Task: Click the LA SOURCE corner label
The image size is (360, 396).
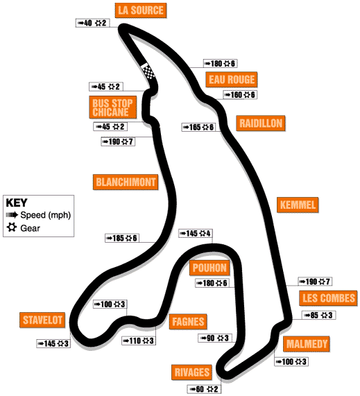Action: tap(141, 10)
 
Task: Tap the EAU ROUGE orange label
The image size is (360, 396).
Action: tap(232, 80)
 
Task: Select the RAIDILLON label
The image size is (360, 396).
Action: tap(261, 123)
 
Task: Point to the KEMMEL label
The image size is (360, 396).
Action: tap(298, 205)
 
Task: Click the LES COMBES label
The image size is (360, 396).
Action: tap(328, 298)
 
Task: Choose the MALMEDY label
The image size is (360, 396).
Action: tap(307, 344)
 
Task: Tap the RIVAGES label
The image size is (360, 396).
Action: tap(191, 372)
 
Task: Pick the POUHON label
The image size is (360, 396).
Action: tap(209, 268)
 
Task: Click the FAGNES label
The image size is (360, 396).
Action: tap(188, 322)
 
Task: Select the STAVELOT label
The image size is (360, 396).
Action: tap(42, 320)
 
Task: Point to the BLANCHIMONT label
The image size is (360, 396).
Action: tap(126, 182)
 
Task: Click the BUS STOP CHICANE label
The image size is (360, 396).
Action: tap(112, 107)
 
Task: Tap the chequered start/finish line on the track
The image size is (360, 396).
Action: tap(148, 71)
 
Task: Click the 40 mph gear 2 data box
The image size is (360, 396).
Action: tap(92, 23)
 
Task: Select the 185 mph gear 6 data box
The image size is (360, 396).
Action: tap(122, 238)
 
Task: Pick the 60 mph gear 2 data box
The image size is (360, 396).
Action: tap(204, 389)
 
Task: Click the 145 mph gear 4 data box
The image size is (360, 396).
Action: tap(196, 233)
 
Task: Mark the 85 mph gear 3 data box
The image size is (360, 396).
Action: tap(319, 315)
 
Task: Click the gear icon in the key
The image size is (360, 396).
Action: tap(12, 227)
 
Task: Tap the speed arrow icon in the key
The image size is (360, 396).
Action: tap(12, 215)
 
